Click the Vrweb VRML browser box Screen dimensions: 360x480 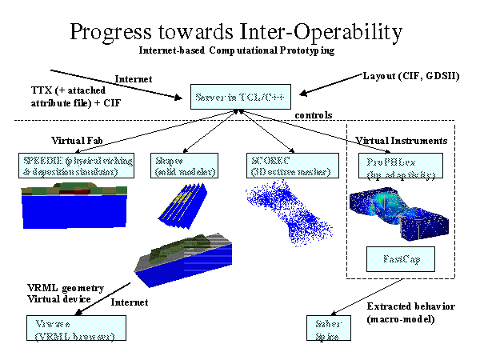coord(69,329)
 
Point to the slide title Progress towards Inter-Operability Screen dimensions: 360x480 coord(235,32)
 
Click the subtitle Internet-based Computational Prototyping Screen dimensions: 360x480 coord(235,50)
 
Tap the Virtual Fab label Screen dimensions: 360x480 coord(78,138)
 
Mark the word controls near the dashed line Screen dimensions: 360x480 coord(314,115)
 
